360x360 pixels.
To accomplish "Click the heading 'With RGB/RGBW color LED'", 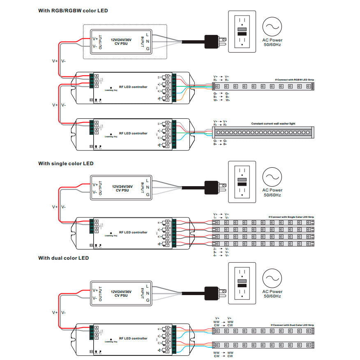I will pos(73,10).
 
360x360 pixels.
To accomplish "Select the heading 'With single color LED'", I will pos(66,164).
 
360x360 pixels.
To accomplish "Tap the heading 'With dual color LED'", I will pos(63,258).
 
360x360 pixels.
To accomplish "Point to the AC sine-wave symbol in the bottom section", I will pos(272,279).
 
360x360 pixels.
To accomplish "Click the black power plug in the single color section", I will pos(212,187).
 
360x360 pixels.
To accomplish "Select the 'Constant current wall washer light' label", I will pos(273,124).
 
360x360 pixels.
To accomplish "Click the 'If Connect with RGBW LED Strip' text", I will pos(296,80).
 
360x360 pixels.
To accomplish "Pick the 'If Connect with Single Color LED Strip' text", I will pos(292,217).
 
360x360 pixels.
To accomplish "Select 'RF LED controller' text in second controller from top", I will pos(133,134).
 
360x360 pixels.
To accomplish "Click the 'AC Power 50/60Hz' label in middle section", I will pos(272,192).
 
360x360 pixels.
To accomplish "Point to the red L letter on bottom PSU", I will pos(148,286).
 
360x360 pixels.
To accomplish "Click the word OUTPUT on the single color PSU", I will pos(100,188).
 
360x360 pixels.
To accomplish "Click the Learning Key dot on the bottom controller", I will pos(111,338).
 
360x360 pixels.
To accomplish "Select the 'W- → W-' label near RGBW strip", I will pos(222,100).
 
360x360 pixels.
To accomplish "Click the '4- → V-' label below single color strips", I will pos(221,256).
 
